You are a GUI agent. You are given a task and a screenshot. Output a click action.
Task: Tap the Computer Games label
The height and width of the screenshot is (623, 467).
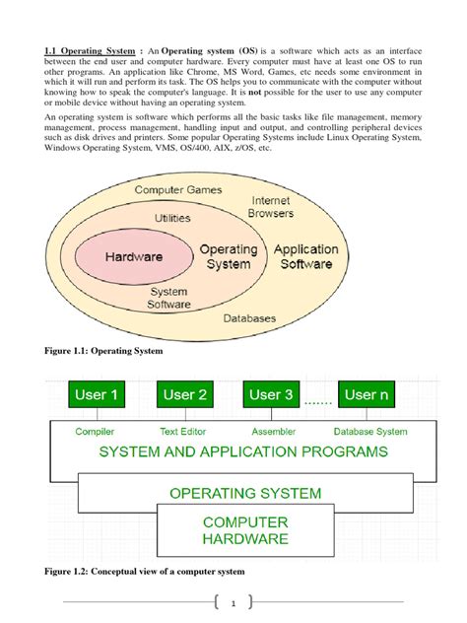pos(178,189)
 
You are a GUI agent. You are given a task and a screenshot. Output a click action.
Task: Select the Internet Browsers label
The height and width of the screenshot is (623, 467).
pos(271,206)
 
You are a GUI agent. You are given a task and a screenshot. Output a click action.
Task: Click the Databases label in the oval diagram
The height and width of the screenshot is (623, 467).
pos(250,318)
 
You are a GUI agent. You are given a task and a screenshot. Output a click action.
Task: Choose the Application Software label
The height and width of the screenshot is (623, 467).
pos(306,256)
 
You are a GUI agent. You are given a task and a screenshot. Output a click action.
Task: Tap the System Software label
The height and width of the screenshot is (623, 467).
pos(168,298)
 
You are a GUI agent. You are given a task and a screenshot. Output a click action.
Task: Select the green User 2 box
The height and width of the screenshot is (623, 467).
pos(184,395)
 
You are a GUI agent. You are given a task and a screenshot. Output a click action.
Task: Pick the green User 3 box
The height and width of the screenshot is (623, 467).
pos(272,395)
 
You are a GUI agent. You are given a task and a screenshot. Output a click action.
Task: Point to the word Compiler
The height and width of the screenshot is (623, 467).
pos(96,431)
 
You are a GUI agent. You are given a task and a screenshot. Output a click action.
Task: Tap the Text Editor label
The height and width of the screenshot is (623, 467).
pos(182,431)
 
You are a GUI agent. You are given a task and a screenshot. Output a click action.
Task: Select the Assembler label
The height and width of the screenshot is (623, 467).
pos(273,431)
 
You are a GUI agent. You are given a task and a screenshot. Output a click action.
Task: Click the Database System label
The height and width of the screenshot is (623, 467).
pos(369,431)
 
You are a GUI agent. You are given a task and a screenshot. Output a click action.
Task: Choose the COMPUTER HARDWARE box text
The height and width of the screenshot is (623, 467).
pos(244,530)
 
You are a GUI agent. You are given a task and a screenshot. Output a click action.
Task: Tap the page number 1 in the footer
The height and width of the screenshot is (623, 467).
pos(233,604)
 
